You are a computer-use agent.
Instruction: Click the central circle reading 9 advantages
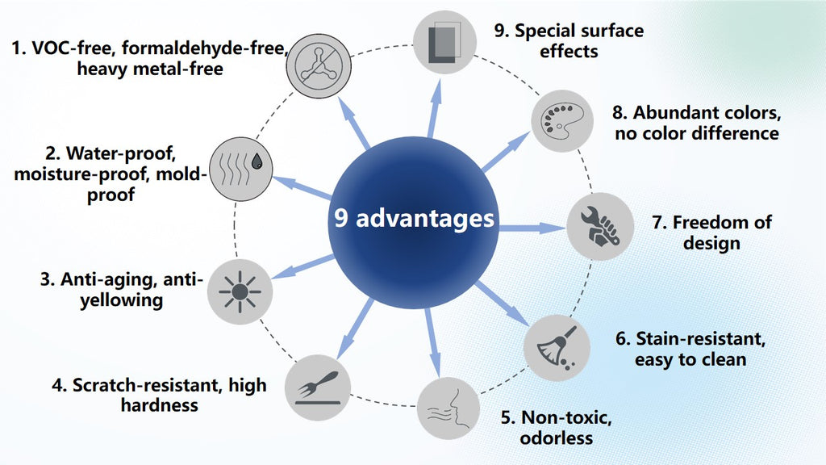point(414,223)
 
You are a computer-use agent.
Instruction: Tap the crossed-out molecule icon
point(319,66)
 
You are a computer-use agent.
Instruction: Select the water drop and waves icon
point(240,170)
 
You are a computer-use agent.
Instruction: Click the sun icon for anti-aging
point(240,291)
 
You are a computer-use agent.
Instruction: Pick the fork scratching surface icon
point(318,387)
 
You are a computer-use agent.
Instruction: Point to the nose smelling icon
point(448,408)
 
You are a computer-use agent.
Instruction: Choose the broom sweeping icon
point(557,348)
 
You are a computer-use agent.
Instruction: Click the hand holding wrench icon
point(600,226)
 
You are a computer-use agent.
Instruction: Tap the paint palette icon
point(562,121)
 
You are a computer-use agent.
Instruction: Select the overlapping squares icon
point(444,42)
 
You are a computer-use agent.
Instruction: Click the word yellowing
point(122,300)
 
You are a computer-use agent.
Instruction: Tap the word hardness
point(160,405)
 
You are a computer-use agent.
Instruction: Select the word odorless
point(557,438)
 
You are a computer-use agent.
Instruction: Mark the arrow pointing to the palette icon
point(505,153)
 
